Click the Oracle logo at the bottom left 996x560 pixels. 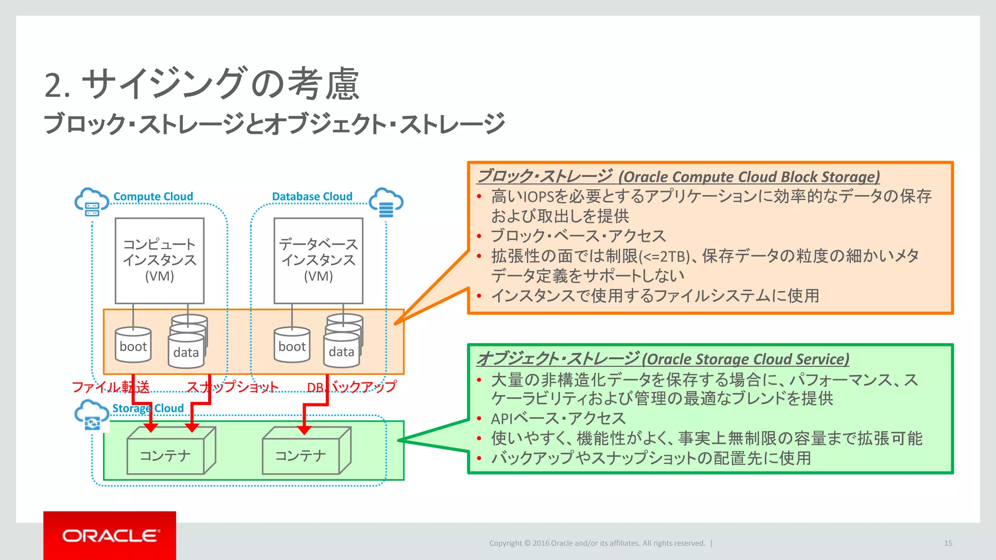pyautogui.click(x=110, y=536)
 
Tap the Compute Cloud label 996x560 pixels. pyautogui.click(x=153, y=196)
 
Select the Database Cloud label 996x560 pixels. pyautogui.click(x=312, y=196)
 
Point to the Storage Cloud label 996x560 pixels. pyautogui.click(x=148, y=408)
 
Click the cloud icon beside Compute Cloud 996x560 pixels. pyautogui.click(x=91, y=202)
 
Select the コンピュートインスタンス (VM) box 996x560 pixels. pyautogui.click(x=160, y=261)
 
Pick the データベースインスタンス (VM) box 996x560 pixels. pyautogui.click(x=319, y=261)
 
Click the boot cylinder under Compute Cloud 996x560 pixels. pyautogui.click(x=133, y=345)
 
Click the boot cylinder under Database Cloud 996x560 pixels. pyautogui.click(x=292, y=345)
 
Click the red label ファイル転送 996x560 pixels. pyautogui.click(x=110, y=387)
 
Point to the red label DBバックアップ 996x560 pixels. pyautogui.click(x=352, y=387)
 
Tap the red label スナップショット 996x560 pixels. pyautogui.click(x=232, y=387)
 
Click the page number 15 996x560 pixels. pyautogui.click(x=948, y=543)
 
